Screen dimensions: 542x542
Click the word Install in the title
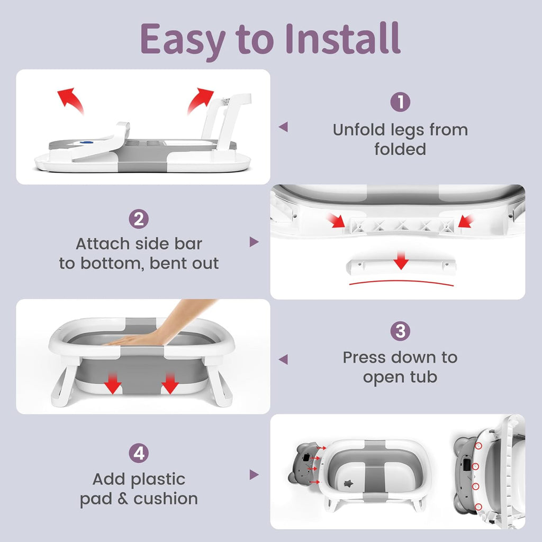click(343, 38)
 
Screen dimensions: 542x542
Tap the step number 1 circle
click(400, 102)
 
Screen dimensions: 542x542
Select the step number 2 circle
click(139, 219)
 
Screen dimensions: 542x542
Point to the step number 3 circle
click(400, 331)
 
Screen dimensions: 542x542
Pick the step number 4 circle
click(139, 453)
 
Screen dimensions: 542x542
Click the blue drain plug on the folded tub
click(86, 142)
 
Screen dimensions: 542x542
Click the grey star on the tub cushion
click(348, 483)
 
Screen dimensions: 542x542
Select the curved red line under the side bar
click(401, 282)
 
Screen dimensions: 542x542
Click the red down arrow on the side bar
click(401, 260)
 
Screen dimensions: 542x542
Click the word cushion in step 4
click(166, 499)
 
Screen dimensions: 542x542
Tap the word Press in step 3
click(367, 357)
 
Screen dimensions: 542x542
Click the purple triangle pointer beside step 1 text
click(284, 127)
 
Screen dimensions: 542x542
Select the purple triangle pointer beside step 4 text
click(254, 475)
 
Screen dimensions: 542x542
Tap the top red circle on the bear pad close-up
click(478, 446)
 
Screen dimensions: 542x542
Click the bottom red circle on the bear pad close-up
click(478, 507)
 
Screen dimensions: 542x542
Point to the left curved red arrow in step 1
click(70, 100)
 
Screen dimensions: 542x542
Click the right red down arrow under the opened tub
click(170, 384)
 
